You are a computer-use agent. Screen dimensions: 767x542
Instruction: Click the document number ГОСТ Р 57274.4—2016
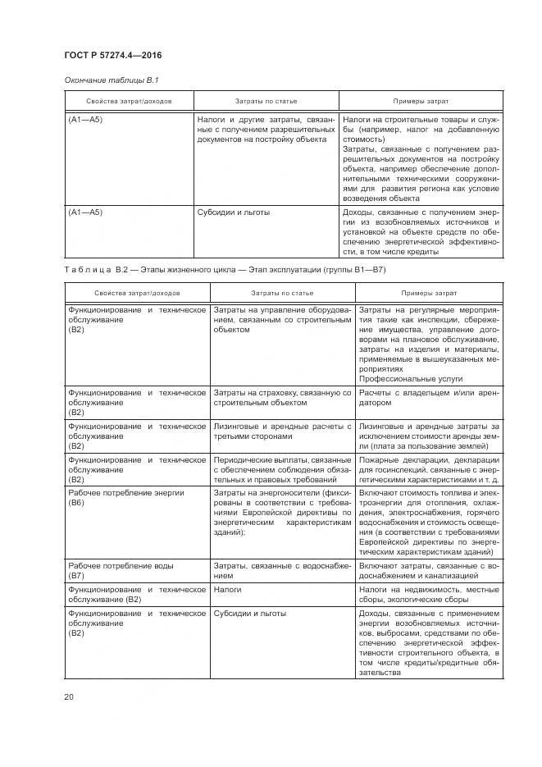112,54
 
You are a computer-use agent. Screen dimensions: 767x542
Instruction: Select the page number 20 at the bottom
69,697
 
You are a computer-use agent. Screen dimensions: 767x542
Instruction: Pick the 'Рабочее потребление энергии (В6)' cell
115,498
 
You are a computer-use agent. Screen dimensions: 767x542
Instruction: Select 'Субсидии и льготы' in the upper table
234,212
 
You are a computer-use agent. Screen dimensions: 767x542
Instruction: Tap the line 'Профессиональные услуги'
411,379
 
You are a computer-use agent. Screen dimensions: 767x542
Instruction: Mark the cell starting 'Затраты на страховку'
282,399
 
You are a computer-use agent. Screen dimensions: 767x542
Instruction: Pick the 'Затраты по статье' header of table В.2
282,292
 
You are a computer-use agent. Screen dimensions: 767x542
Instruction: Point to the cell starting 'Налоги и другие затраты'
266,129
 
